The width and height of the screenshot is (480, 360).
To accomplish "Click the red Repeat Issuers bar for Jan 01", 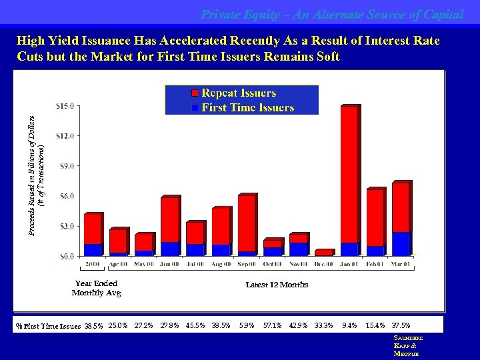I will (x=349, y=173).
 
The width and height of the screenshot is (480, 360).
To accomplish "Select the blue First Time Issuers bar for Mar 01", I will (x=401, y=243).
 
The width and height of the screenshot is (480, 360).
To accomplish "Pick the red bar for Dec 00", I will (x=323, y=253).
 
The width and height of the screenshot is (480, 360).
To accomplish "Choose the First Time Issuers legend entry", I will (x=247, y=107).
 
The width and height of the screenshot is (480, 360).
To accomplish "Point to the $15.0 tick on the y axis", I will (x=65, y=105).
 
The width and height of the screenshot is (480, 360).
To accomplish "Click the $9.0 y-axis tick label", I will (x=66, y=165).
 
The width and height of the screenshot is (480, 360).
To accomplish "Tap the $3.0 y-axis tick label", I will (x=66, y=226).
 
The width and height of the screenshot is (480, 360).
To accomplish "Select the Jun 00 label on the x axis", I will (x=170, y=265).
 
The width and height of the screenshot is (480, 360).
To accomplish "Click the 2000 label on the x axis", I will (x=93, y=265).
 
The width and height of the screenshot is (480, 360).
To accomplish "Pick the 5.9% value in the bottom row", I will (x=247, y=325).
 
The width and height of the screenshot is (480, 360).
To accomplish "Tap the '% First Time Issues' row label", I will (x=48, y=326).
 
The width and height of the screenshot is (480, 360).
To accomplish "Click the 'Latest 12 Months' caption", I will (x=277, y=285).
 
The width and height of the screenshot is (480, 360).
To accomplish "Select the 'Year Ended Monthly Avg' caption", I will (x=96, y=288).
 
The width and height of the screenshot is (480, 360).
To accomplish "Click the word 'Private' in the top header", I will (x=220, y=13).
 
